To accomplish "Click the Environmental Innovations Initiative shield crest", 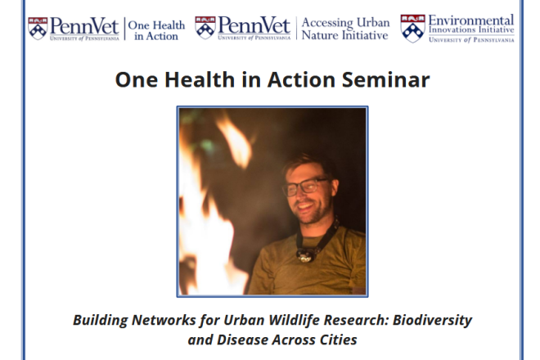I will click(412, 28).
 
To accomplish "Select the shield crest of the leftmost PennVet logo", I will click(38, 28).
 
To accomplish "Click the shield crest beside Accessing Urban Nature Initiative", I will click(205, 28).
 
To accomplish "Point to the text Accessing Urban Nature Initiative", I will click(344, 29).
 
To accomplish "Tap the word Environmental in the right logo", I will click(471, 20).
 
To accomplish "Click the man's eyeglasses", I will click(304, 187).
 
